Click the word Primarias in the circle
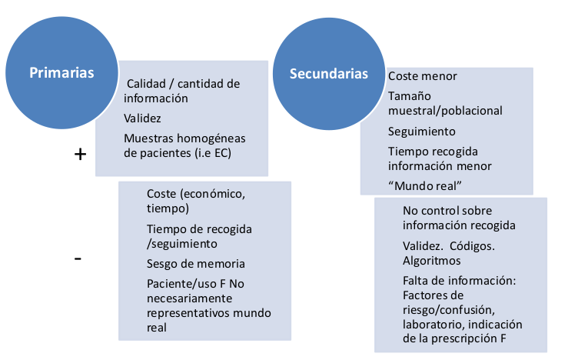[x=61, y=73]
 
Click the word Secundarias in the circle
[x=328, y=74]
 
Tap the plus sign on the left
[x=80, y=154]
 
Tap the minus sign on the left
[x=78, y=258]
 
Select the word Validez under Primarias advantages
[x=142, y=118]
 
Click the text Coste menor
[x=423, y=76]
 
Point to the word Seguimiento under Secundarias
[x=422, y=131]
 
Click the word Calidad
[x=146, y=83]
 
